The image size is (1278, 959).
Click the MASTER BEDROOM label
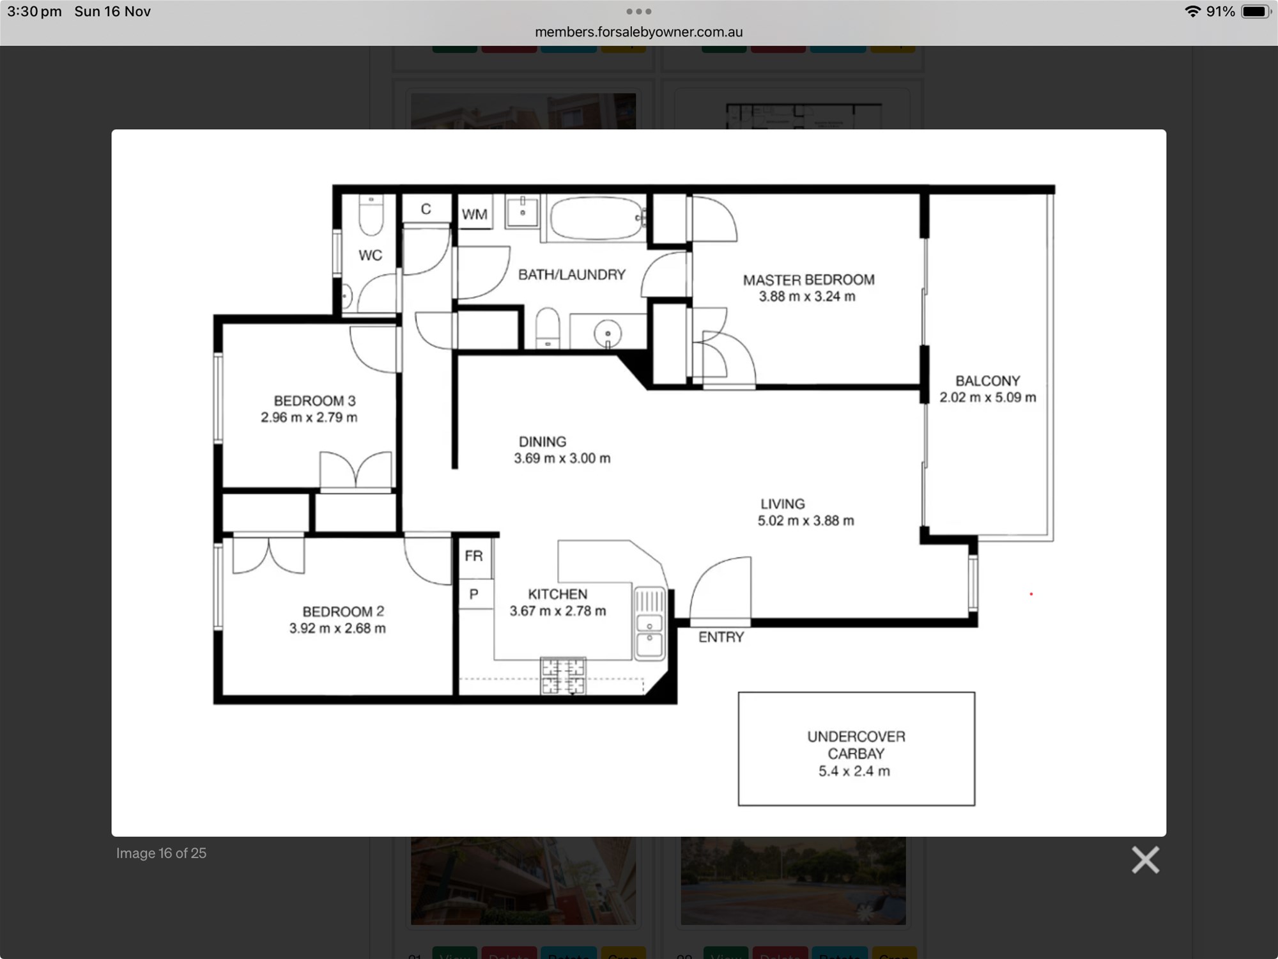pos(808,280)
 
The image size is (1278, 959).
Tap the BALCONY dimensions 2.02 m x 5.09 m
pos(988,398)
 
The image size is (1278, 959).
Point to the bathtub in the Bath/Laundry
pos(596,219)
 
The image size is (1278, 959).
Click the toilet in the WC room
pos(371,215)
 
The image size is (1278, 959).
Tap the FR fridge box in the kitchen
pos(474,556)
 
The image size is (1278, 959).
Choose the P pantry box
pos(474,595)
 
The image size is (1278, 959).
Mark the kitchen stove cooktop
pos(563,676)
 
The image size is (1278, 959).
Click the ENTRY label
pos(721,637)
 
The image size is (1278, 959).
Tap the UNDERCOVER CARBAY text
pos(856,745)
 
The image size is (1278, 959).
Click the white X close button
pos(1145,860)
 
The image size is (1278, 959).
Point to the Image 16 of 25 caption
pos(161,854)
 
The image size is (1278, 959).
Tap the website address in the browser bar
pos(638,32)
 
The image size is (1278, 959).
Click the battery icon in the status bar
pos(1256,12)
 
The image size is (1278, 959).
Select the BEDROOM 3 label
pos(314,401)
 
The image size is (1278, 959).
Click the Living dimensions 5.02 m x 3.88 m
pos(806,521)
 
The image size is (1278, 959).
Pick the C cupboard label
pos(426,209)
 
